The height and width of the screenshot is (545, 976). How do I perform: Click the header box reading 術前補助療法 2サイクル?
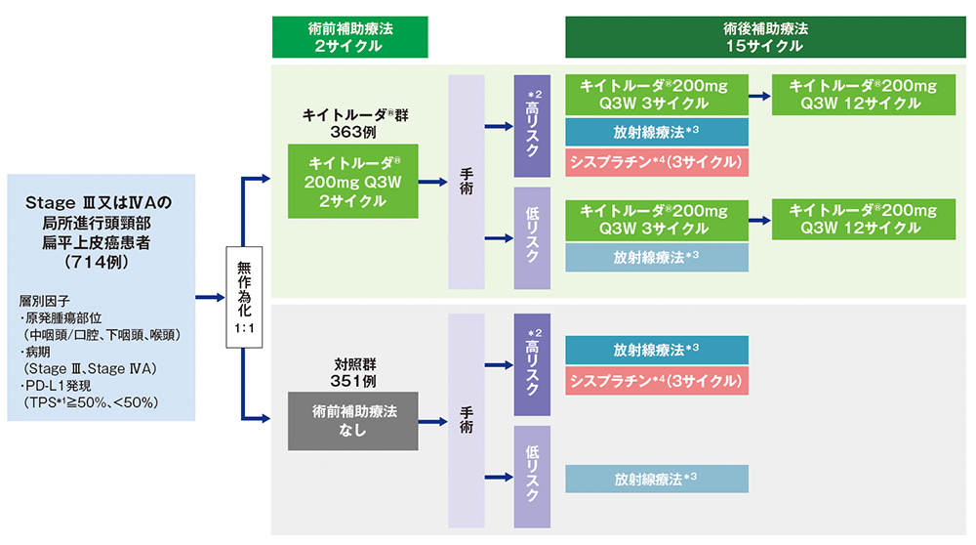point(349,37)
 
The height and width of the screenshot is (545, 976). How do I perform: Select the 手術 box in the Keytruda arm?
point(467,182)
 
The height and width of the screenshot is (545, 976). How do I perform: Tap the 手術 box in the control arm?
point(467,421)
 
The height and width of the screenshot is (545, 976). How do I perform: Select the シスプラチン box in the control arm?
point(657,380)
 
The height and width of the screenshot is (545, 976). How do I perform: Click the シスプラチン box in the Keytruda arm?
point(657,161)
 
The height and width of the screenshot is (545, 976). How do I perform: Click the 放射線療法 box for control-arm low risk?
point(657,479)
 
